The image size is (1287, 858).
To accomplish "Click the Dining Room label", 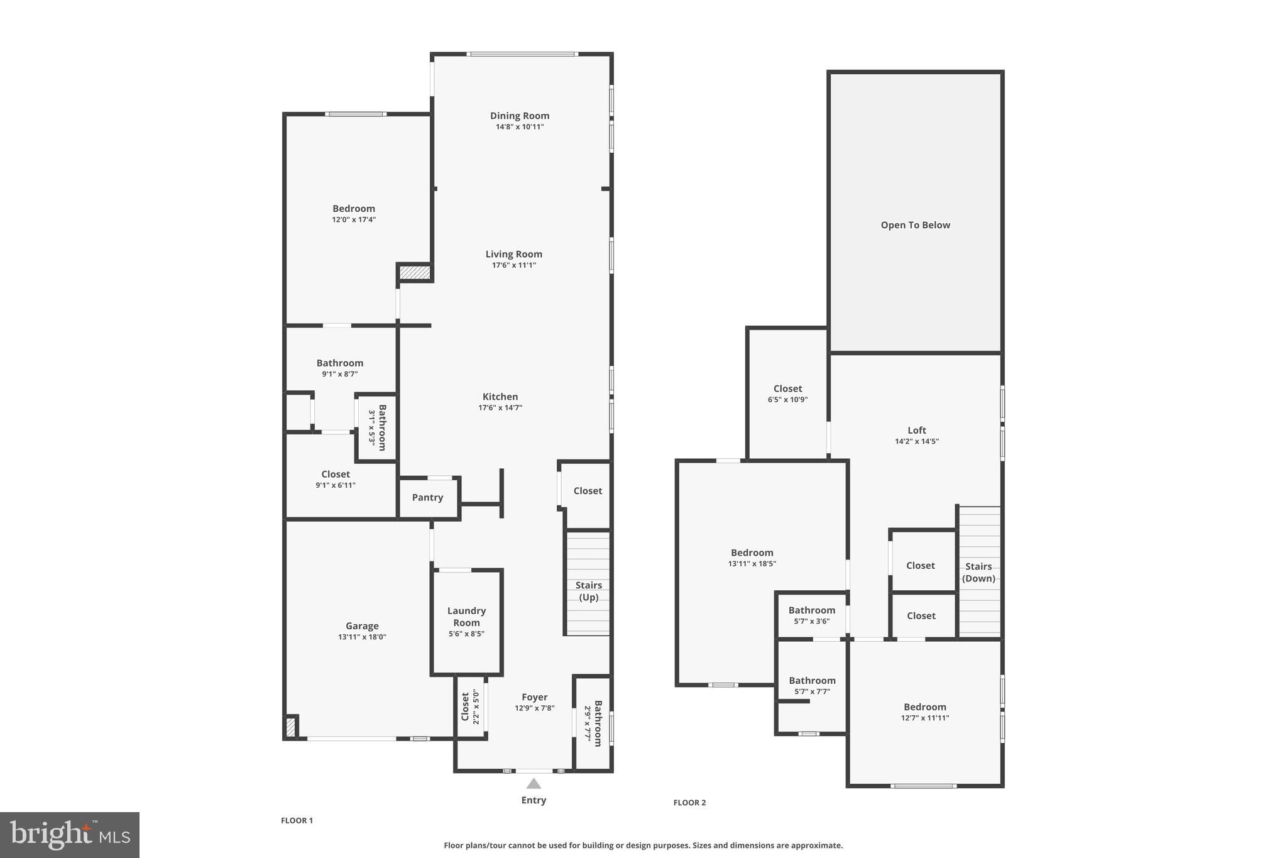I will point(520,116).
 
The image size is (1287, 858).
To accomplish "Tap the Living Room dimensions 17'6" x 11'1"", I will point(513,265).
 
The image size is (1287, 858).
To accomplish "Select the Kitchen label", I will point(500,397).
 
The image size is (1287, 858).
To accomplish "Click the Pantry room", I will point(428,497).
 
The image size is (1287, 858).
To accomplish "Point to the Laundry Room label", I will point(466,617).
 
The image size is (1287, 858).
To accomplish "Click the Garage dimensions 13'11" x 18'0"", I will point(362,637).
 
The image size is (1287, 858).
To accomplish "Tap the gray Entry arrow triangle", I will point(534,783).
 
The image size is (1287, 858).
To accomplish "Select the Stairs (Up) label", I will point(588,591).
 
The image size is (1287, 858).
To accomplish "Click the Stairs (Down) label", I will point(978,572).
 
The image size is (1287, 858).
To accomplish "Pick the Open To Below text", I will point(915,225).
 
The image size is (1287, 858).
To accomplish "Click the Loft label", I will point(917,431).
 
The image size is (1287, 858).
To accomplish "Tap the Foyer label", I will point(534,697).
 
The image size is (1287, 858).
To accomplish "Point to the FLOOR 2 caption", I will point(689,803).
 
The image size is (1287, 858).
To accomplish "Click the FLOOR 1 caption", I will point(297,820).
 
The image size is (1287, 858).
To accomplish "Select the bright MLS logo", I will point(70,835).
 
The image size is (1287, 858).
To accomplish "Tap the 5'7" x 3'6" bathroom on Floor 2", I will point(811,615).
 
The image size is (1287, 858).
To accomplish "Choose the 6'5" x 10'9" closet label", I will point(787,388).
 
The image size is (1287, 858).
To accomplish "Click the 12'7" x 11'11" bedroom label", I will point(924,707).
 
